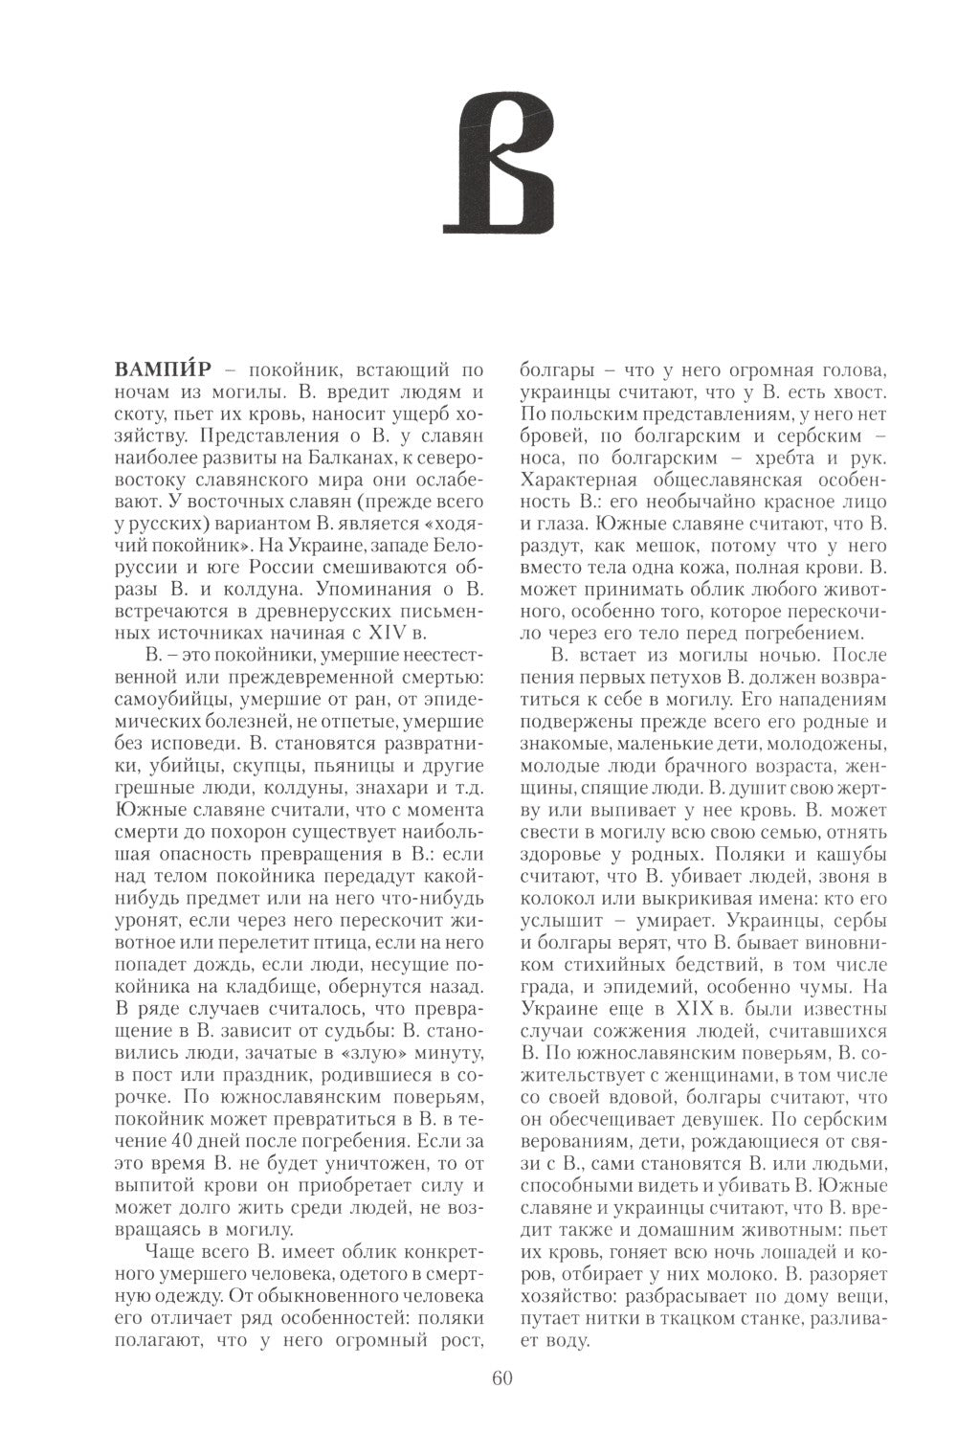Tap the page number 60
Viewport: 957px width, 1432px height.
501,1378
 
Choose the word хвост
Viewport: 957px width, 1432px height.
857,392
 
